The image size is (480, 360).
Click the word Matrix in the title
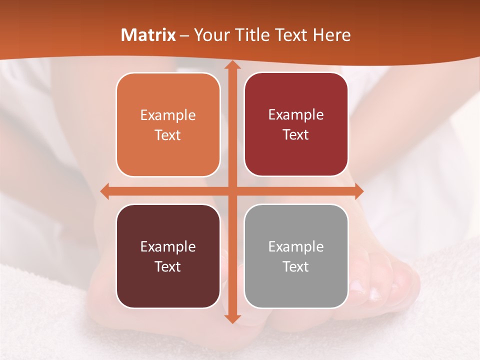(x=148, y=35)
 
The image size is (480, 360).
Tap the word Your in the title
(x=210, y=35)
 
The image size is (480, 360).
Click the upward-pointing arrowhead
(x=232, y=64)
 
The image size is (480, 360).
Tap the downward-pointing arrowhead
(x=232, y=318)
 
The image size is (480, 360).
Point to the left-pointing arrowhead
(x=104, y=191)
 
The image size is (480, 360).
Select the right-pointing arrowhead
(x=358, y=191)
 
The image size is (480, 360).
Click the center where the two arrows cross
(x=232, y=191)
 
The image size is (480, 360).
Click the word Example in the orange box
(x=168, y=115)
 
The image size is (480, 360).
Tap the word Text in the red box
(x=296, y=134)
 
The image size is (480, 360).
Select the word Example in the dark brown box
(x=168, y=246)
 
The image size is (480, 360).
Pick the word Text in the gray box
(x=296, y=266)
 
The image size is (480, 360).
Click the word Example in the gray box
(x=296, y=246)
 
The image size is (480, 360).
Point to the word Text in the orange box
(x=168, y=135)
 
